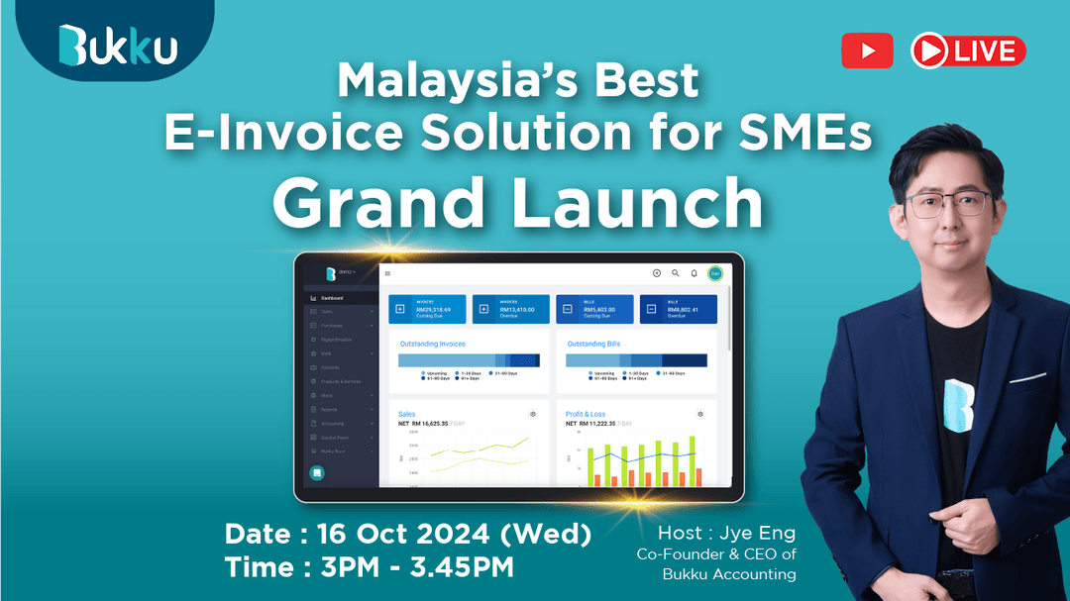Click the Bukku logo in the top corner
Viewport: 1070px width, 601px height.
(118, 45)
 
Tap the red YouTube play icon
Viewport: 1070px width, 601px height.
(867, 50)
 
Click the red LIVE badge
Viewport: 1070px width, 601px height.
(968, 50)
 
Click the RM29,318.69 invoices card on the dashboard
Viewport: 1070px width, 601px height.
(427, 310)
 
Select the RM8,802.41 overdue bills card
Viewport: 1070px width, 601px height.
(678, 310)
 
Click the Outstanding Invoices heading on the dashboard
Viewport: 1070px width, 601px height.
(432, 344)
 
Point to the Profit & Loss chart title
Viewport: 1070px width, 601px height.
(588, 414)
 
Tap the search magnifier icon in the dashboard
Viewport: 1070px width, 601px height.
(675, 273)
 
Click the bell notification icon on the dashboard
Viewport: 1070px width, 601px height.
(694, 273)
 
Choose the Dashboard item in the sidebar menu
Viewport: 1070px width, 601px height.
(331, 298)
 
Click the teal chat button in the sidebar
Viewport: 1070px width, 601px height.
(317, 473)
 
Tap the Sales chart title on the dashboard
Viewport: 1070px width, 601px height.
(407, 414)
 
